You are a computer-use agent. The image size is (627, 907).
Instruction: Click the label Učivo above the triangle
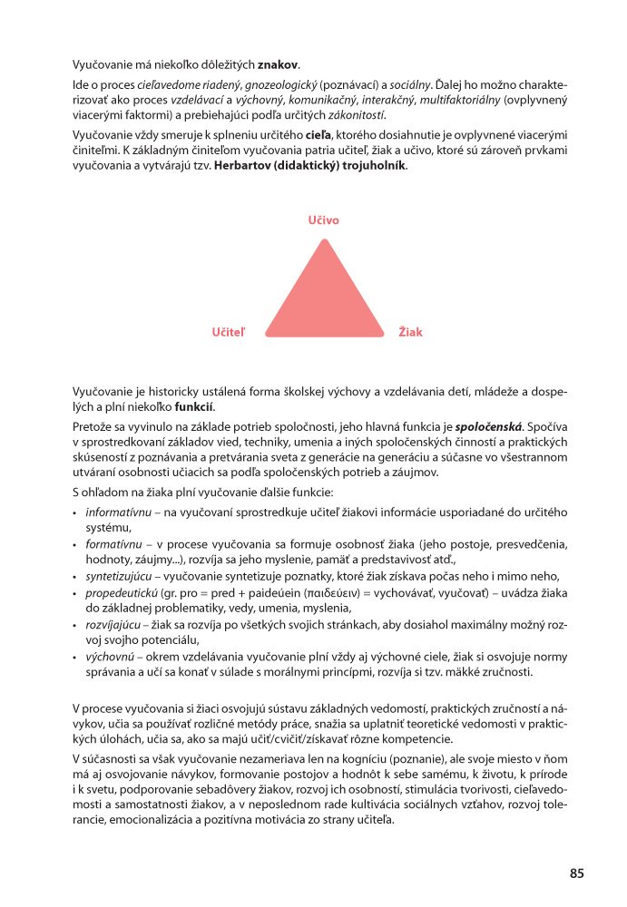(x=323, y=220)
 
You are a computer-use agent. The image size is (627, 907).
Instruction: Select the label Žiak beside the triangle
(x=410, y=333)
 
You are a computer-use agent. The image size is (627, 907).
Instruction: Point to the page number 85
(x=577, y=873)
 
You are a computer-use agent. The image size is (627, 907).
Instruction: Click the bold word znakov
(x=278, y=65)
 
